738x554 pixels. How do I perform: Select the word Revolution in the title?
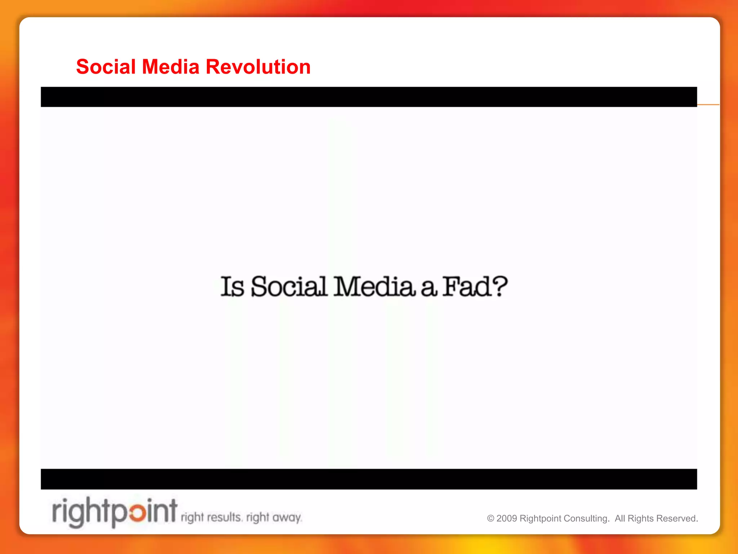coord(258,67)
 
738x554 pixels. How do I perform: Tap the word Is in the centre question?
coord(232,287)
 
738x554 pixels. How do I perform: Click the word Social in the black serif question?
coord(289,287)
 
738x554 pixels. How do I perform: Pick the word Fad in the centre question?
coord(467,287)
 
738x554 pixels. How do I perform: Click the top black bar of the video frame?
coord(369,97)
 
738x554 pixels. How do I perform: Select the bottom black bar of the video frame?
coord(369,479)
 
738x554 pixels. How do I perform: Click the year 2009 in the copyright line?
coord(507,519)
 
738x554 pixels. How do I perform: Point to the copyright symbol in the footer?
coord(490,519)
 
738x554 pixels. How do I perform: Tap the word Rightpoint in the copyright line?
coord(540,519)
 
